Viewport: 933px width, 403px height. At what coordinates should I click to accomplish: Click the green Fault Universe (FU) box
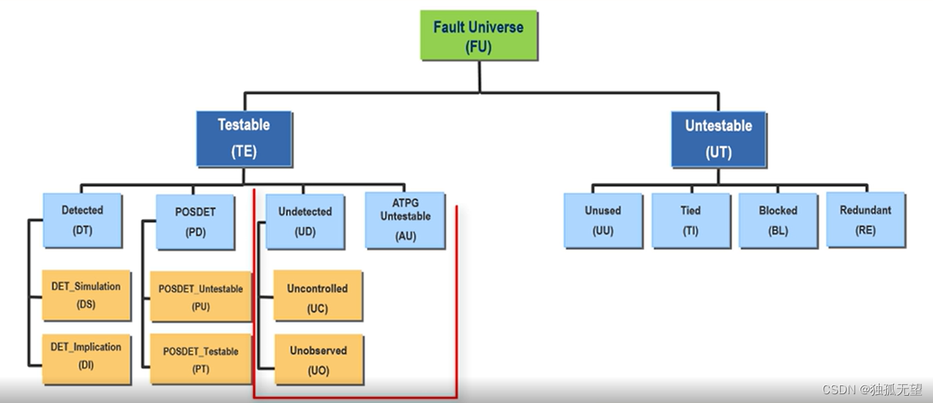pyautogui.click(x=478, y=35)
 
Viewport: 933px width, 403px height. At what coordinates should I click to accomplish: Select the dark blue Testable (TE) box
pyautogui.click(x=244, y=138)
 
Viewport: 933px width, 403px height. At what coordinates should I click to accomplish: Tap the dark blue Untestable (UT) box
pyautogui.click(x=718, y=139)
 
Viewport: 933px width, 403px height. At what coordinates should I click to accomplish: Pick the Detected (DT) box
pyautogui.click(x=82, y=219)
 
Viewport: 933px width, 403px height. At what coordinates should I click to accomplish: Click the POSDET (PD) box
pyautogui.click(x=195, y=221)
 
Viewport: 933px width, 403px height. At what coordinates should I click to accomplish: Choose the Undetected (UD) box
pyautogui.click(x=305, y=221)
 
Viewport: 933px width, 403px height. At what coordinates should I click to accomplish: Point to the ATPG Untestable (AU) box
pyautogui.click(x=405, y=219)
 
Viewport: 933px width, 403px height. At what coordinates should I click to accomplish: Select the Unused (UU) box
pyautogui.click(x=603, y=219)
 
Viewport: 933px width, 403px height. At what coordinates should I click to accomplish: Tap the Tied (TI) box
pyautogui.click(x=690, y=219)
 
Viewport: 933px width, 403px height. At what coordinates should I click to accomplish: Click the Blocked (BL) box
pyautogui.click(x=778, y=219)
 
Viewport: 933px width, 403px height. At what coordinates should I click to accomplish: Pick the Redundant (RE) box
pyautogui.click(x=866, y=219)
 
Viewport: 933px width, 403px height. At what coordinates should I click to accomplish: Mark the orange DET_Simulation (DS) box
pyautogui.click(x=86, y=295)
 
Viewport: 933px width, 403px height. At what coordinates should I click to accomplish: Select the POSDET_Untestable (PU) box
pyautogui.click(x=201, y=297)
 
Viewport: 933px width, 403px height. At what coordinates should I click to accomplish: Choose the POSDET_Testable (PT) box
pyautogui.click(x=201, y=359)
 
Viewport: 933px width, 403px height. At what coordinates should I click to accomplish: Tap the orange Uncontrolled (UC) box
pyautogui.click(x=317, y=298)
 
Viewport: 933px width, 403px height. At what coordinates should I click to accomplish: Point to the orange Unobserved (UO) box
pyautogui.click(x=318, y=360)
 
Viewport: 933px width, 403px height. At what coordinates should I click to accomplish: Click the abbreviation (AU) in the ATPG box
pyautogui.click(x=405, y=236)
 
